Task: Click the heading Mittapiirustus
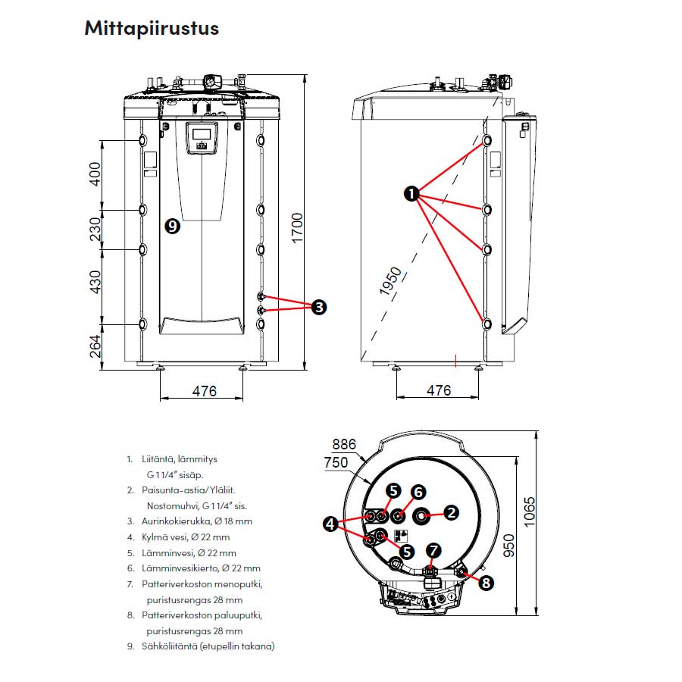[x=152, y=28]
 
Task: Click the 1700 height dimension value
[x=297, y=228]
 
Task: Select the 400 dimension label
[x=95, y=174]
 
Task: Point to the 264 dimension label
[x=95, y=346]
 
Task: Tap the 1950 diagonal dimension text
[x=390, y=281]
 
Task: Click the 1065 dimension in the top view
[x=530, y=512]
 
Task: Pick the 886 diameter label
[x=343, y=444]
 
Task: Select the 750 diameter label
[x=336, y=462]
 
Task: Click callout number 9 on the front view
[x=173, y=226]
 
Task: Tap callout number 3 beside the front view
[x=319, y=307]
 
